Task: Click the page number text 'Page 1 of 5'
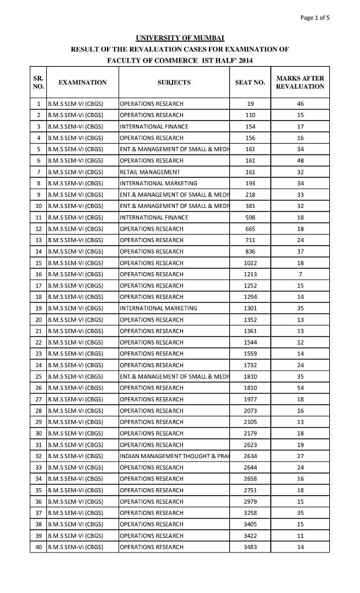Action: pyautogui.click(x=315, y=17)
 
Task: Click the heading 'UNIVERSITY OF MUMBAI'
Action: pyautogui.click(x=179, y=38)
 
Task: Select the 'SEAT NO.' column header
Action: pyautogui.click(x=250, y=82)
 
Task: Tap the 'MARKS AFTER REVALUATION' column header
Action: pyautogui.click(x=300, y=82)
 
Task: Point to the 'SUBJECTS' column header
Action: pyautogui.click(x=174, y=82)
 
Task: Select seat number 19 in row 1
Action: pyautogui.click(x=250, y=104)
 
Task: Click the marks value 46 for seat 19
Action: pyautogui.click(x=300, y=104)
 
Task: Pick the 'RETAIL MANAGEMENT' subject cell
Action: pyautogui.click(x=150, y=172)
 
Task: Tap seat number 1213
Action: pyautogui.click(x=250, y=274)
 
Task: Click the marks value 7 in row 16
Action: pyautogui.click(x=300, y=274)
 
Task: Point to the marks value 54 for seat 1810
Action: pyautogui.click(x=300, y=387)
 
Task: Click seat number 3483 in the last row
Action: pyautogui.click(x=250, y=547)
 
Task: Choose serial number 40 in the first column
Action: pyautogui.click(x=38, y=547)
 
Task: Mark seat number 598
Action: pyautogui.click(x=250, y=217)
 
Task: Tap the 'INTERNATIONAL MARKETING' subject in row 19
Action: pyautogui.click(x=158, y=308)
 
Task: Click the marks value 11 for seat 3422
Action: pyautogui.click(x=300, y=536)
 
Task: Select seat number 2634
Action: pyautogui.click(x=250, y=456)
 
